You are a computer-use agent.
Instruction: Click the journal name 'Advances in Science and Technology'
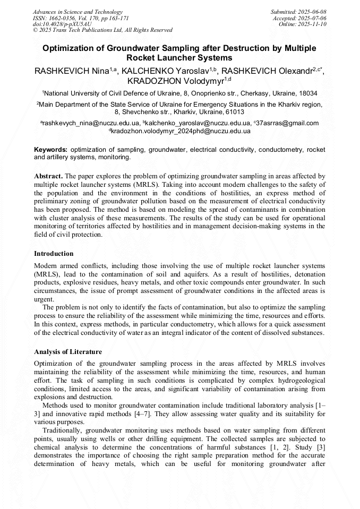click(x=78, y=12)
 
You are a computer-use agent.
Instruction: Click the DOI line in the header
click(x=62, y=24)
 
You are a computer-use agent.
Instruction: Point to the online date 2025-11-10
click(x=303, y=24)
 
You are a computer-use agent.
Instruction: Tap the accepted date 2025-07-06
click(x=300, y=18)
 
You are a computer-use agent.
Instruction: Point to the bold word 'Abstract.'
click(x=49, y=176)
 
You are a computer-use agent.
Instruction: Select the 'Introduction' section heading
click(x=54, y=254)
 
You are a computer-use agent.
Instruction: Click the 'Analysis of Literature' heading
click(x=68, y=352)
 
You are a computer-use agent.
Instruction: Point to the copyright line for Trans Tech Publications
click(x=102, y=30)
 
